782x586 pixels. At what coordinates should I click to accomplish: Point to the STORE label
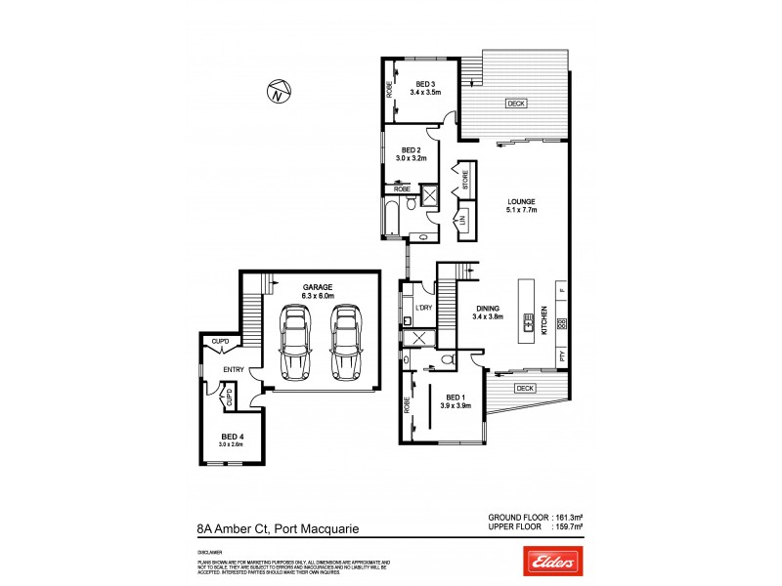tap(466, 180)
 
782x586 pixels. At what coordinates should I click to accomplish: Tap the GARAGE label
tap(318, 286)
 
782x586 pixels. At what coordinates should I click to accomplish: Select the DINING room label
tap(487, 308)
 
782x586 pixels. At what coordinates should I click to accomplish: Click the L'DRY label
tap(423, 309)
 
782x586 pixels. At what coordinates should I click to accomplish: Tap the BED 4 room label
tap(231, 436)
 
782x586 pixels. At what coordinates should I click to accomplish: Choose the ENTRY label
tap(234, 369)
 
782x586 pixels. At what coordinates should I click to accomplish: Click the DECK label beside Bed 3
tap(515, 104)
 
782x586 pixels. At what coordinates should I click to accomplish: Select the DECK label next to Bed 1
tap(525, 388)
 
